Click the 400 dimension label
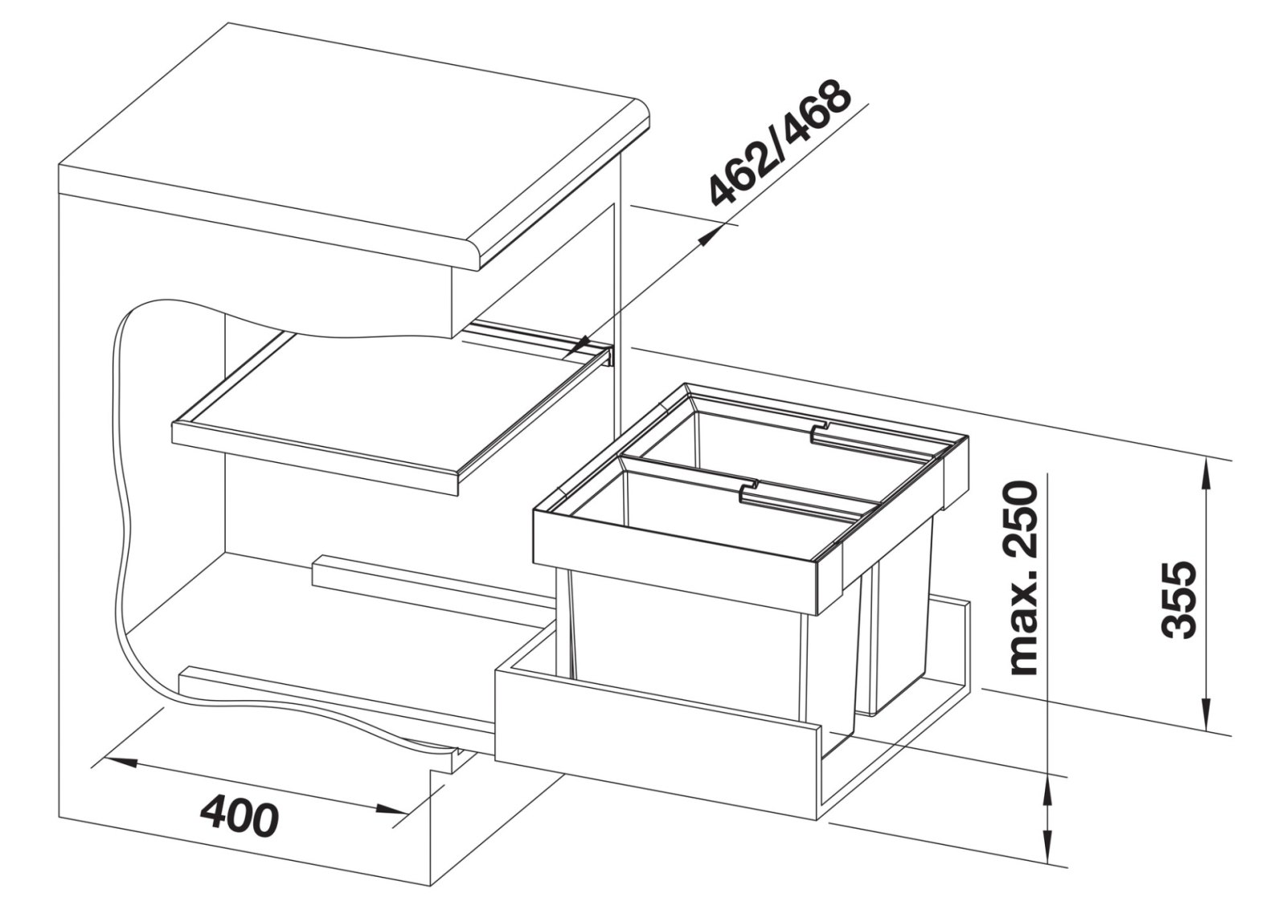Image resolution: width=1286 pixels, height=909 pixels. [x=240, y=817]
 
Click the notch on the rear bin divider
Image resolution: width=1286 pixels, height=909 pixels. [x=820, y=432]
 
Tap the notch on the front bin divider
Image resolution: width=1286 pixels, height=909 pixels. [x=750, y=489]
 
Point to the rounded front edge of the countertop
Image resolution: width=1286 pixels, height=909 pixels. [x=566, y=190]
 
